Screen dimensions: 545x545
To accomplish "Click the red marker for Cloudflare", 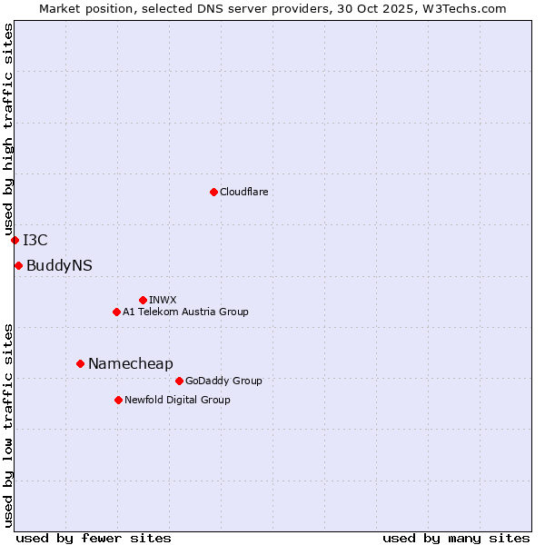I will tap(213, 192).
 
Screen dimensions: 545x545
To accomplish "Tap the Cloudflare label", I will tap(244, 192).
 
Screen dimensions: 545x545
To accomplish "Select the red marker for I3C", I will tap(15, 240).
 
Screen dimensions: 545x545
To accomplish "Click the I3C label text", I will tap(35, 240).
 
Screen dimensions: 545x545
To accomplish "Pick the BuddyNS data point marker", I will tap(18, 265).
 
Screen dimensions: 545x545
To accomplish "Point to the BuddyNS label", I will tap(59, 265).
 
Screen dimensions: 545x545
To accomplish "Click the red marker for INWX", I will tap(143, 300).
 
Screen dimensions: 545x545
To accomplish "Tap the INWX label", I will tap(163, 300).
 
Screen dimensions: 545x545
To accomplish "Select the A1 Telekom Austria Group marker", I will tap(116, 312).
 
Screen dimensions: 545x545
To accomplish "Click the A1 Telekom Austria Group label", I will tap(185, 312).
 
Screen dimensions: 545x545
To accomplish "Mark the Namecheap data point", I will tap(80, 363).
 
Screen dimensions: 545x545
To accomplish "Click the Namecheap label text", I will tap(130, 363).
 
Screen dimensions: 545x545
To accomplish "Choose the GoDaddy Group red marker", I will tap(179, 381).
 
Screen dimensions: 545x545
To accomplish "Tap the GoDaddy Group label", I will tap(223, 381).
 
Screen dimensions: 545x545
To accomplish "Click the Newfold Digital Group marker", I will tap(118, 400).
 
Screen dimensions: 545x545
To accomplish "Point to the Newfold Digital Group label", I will tap(177, 400).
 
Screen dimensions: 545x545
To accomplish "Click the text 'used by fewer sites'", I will tap(94, 538).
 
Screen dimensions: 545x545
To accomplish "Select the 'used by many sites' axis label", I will tap(456, 538).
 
